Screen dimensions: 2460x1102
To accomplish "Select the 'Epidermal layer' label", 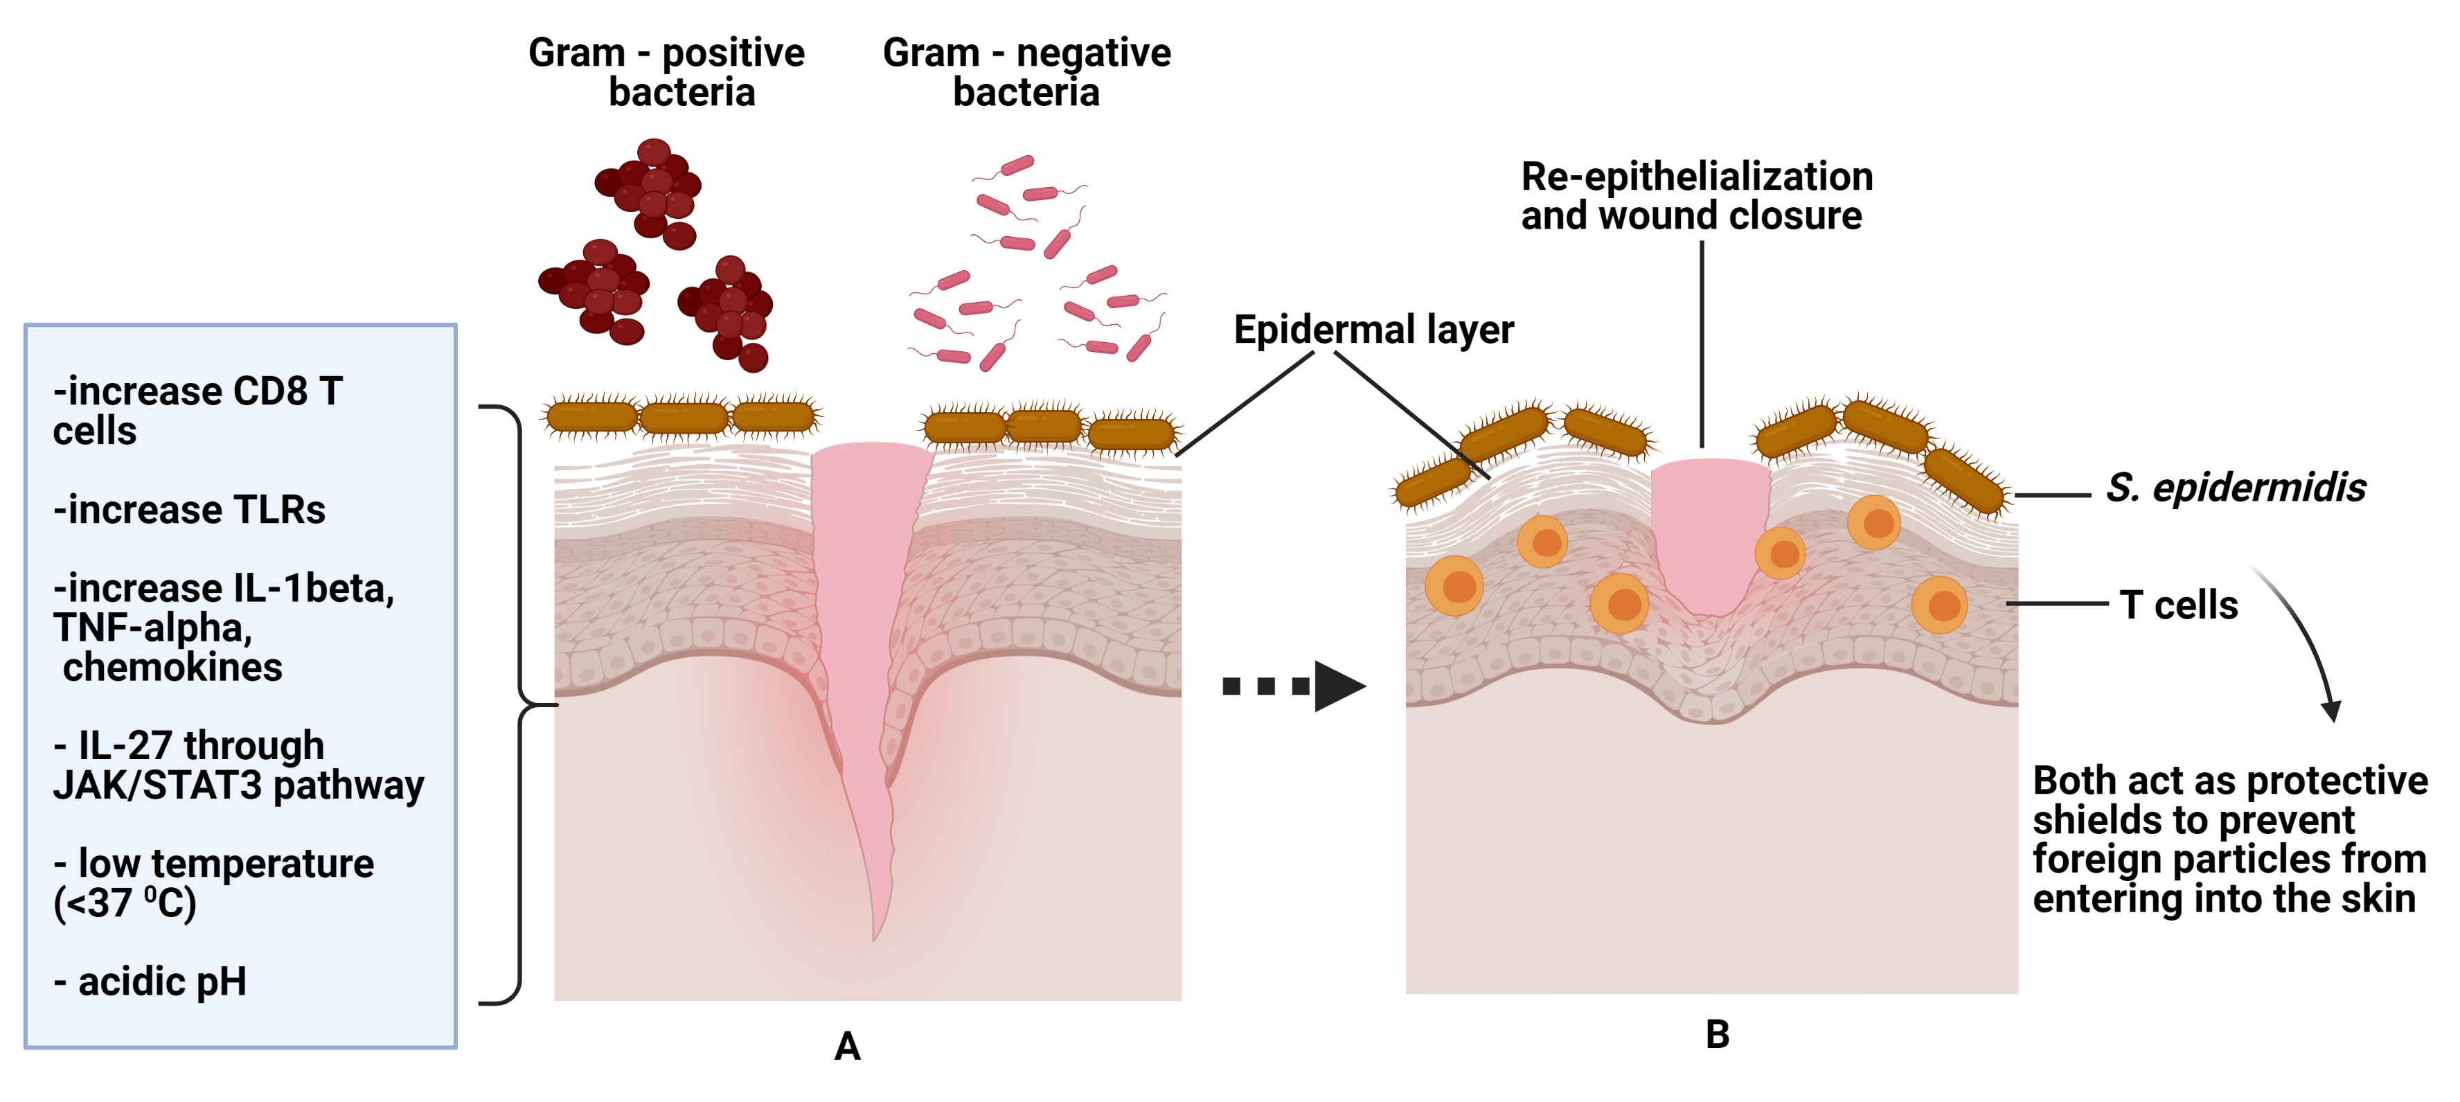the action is click(x=1373, y=330).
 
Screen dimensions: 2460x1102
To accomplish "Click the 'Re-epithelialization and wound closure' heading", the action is click(x=1696, y=196).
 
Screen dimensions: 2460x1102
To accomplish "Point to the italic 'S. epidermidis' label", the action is click(x=2236, y=488).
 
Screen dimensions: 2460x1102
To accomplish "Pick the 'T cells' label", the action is click(x=2178, y=605).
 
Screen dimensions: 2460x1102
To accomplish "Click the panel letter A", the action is click(x=847, y=1047).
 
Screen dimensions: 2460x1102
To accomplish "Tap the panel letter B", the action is click(x=1717, y=1034).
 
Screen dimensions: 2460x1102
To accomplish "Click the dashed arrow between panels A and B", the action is click(x=1294, y=686).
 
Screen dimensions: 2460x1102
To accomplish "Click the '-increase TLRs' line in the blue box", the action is click(x=189, y=510).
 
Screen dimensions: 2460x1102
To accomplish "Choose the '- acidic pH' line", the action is click(x=150, y=981).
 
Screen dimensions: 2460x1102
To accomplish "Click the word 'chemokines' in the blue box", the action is click(x=173, y=666).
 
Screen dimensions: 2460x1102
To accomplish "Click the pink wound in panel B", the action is click(x=1711, y=535).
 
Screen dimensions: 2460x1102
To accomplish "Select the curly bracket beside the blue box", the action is click(x=519, y=704).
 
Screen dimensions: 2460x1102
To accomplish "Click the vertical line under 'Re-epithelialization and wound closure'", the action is click(x=1702, y=344).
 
